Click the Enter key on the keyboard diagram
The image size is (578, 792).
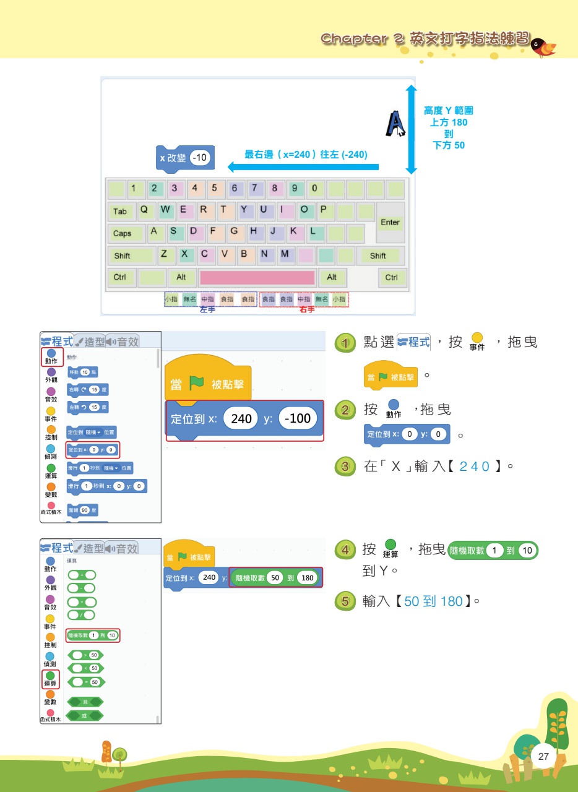(390, 223)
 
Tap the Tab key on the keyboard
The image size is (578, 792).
(120, 212)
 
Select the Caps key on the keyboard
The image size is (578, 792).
(123, 234)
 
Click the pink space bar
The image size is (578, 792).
(257, 277)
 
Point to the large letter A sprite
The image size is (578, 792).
(394, 123)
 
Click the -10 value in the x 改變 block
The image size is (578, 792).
(200, 158)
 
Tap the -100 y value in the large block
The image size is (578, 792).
(298, 419)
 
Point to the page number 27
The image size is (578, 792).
(544, 757)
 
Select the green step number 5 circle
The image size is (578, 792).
(344, 601)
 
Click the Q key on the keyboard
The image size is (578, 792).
(144, 210)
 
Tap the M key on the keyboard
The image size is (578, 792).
(285, 254)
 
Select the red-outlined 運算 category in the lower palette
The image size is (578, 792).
(51, 679)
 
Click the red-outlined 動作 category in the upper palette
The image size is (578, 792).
(51, 356)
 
